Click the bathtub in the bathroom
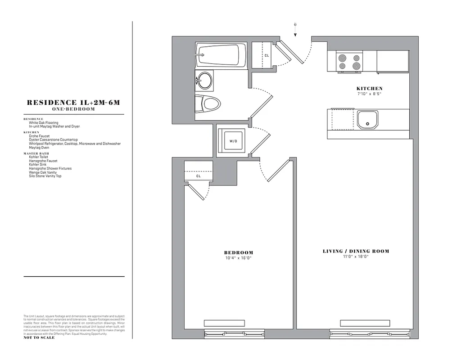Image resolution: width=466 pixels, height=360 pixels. (x=221, y=55)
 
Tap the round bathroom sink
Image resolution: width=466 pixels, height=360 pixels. (x=205, y=81)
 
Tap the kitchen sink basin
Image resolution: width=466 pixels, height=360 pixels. (x=368, y=120)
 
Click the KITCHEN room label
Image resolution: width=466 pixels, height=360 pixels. (x=369, y=89)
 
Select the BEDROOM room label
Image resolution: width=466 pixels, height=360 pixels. (x=239, y=253)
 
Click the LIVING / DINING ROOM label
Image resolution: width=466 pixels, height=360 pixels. (x=356, y=251)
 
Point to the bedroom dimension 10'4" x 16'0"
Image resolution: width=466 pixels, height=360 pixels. (x=239, y=258)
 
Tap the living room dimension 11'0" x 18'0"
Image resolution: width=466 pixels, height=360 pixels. (x=356, y=257)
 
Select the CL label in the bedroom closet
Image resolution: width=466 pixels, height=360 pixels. (x=198, y=176)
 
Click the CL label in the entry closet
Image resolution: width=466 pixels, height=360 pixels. (x=267, y=55)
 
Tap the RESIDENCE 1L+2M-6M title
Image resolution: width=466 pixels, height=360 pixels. (x=74, y=103)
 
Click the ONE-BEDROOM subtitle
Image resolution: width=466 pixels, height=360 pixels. (x=74, y=109)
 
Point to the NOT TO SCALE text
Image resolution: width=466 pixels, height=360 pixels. (x=39, y=337)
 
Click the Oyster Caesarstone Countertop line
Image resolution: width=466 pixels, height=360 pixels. (x=53, y=140)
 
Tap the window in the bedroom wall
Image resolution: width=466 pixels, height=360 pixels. (x=224, y=334)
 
